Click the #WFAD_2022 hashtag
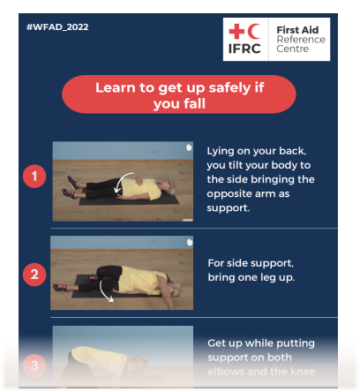(57, 27)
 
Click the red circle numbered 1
(34, 177)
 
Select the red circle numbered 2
(34, 274)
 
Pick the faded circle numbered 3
(34, 364)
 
